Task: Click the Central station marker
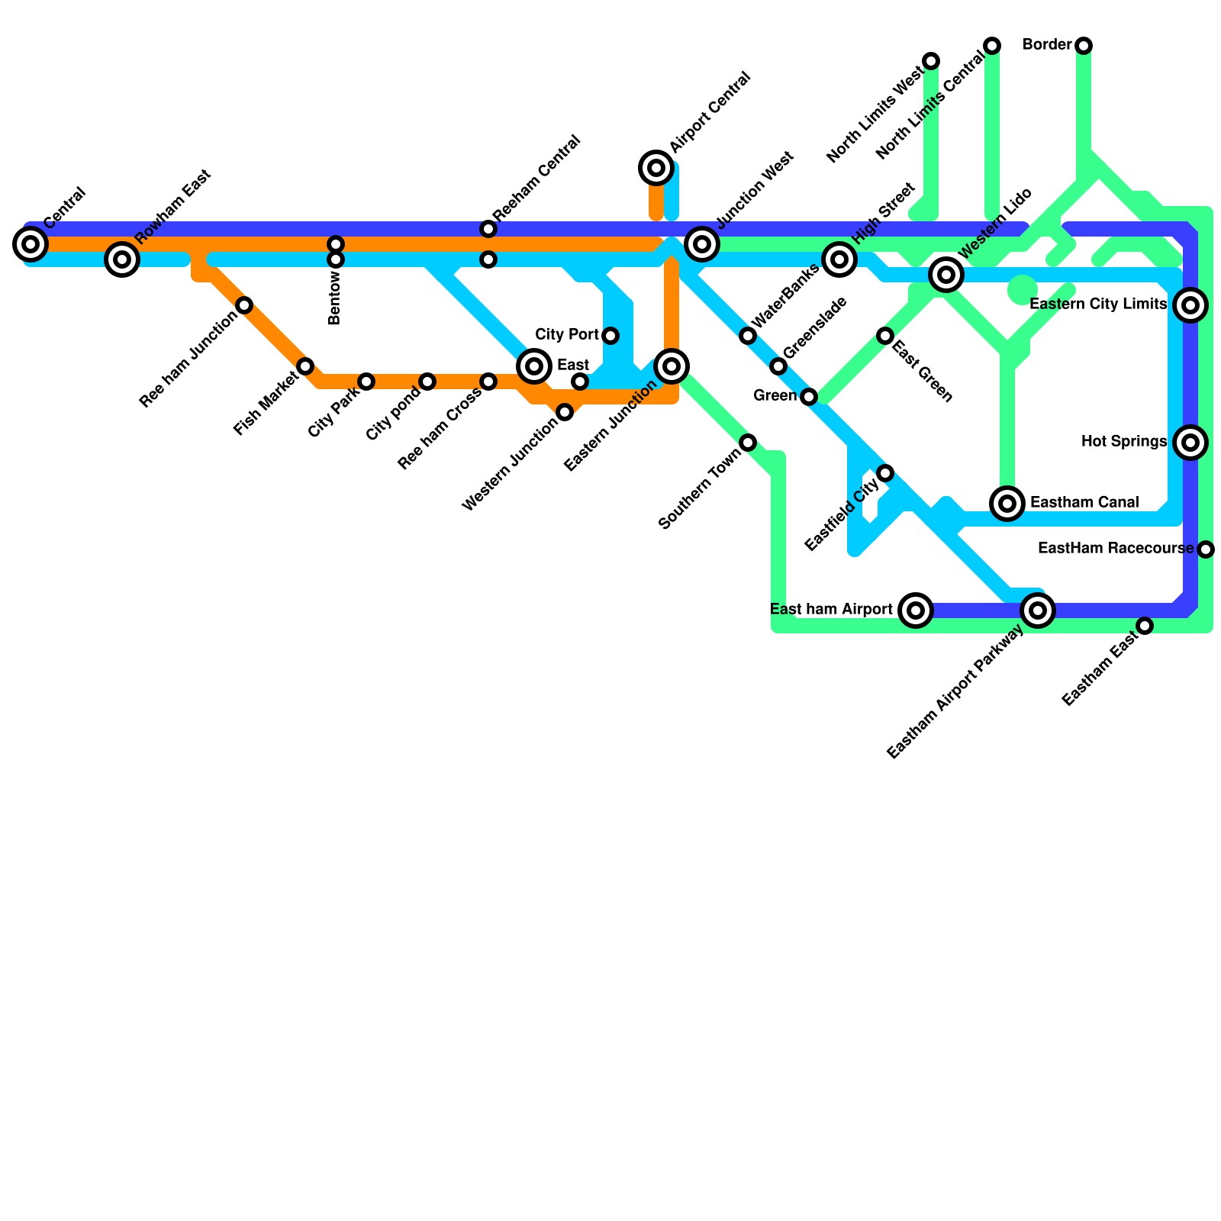[x=31, y=244]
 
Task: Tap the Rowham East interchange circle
[x=122, y=259]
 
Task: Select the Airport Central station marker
[x=656, y=168]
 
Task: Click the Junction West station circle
[x=702, y=244]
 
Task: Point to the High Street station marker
[x=839, y=259]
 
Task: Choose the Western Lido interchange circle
[x=946, y=275]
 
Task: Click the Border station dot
[x=1084, y=46]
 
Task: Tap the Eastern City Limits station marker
[x=1190, y=305]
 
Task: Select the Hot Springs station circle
[x=1190, y=443]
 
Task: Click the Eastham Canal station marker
[x=1007, y=504]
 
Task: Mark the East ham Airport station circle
[x=916, y=610]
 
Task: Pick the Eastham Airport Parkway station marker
[x=1038, y=610]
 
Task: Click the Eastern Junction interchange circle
[x=672, y=366]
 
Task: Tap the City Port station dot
[x=610, y=336]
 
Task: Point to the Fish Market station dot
[x=305, y=366]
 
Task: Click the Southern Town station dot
[x=748, y=443]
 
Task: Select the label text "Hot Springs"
[x=1123, y=442]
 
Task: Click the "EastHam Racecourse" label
[x=1116, y=549]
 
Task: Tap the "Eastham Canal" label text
[x=1084, y=503]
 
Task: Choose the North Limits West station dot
[x=931, y=61]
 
